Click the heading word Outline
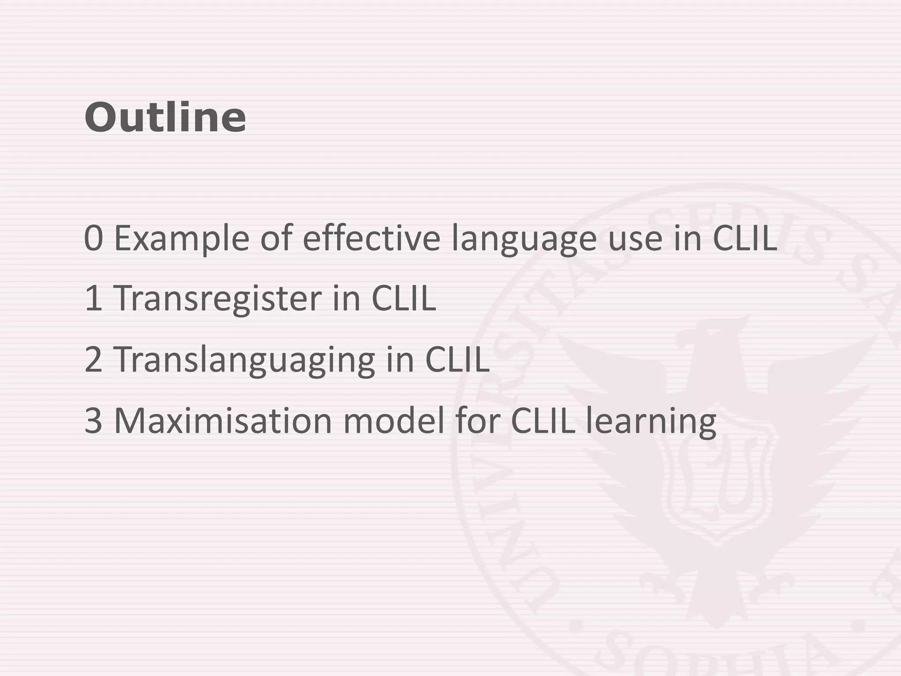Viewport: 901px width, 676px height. pos(165,118)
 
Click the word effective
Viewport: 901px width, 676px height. pos(372,238)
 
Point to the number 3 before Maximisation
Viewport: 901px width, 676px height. pos(93,421)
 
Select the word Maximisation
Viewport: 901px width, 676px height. pos(223,421)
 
